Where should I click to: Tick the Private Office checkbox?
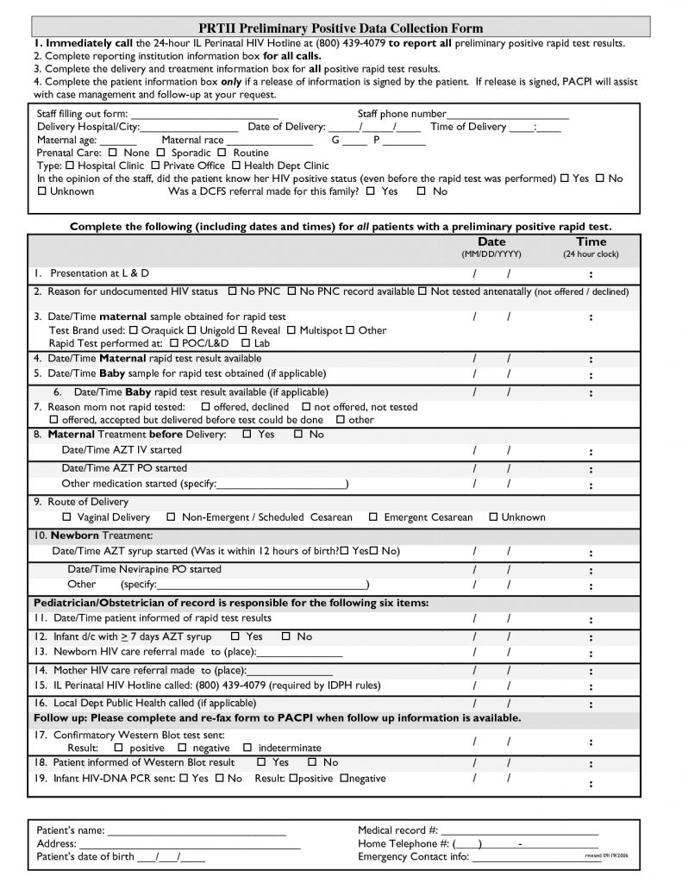coord(155,166)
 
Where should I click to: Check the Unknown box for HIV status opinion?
coord(41,191)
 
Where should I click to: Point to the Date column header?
coord(491,242)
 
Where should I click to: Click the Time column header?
coord(591,242)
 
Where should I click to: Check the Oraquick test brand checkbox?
coord(133,330)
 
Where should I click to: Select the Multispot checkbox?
coord(291,330)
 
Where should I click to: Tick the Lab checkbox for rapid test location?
coord(246,343)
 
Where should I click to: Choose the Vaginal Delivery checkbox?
coord(67,517)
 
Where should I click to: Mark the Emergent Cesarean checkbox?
coord(373,517)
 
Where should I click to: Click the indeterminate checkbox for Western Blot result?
coord(247,748)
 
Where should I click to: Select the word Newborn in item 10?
coord(75,535)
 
